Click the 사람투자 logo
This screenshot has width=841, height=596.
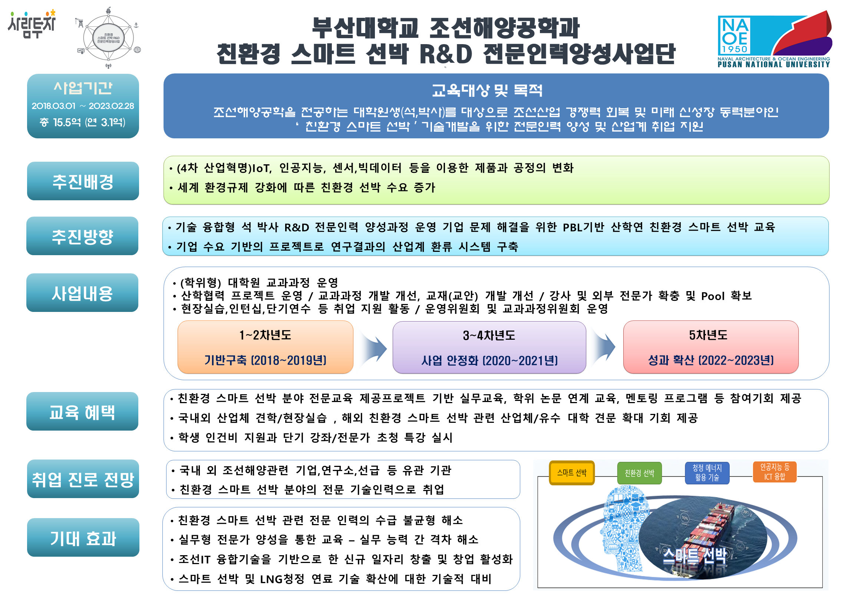click(32, 24)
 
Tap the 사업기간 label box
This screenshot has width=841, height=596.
click(83, 106)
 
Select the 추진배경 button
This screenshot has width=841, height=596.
click(83, 181)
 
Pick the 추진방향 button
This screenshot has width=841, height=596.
click(82, 236)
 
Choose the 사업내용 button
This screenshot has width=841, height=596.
click(82, 293)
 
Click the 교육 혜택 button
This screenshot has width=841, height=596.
click(82, 412)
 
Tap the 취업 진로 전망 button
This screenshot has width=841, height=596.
click(83, 479)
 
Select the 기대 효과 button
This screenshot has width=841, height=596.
click(83, 538)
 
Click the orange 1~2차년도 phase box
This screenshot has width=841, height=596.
click(265, 347)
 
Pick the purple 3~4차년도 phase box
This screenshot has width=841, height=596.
click(489, 348)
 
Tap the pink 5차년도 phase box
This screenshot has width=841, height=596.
click(710, 347)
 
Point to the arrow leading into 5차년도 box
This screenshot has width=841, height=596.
click(604, 347)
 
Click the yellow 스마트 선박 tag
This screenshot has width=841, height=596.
click(571, 473)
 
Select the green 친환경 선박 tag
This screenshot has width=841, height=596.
click(639, 473)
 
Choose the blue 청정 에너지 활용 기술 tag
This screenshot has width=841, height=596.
click(707, 473)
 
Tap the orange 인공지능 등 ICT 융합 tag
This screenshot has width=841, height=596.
click(775, 472)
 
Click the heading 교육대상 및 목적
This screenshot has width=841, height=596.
click(487, 90)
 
